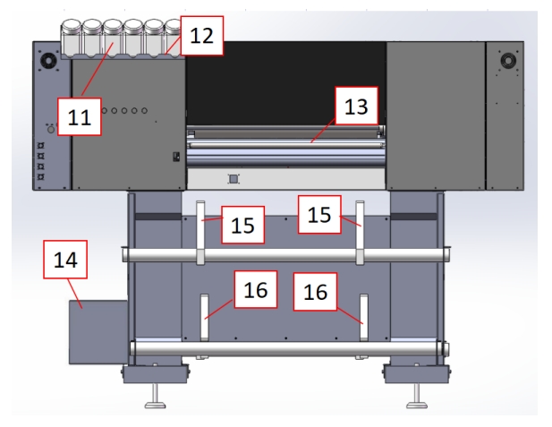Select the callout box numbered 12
[201, 36]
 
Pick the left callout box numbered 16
[254, 292]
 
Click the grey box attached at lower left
[98, 331]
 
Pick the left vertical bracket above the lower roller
[203, 317]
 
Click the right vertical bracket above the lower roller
[364, 317]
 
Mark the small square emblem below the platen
[234, 179]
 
